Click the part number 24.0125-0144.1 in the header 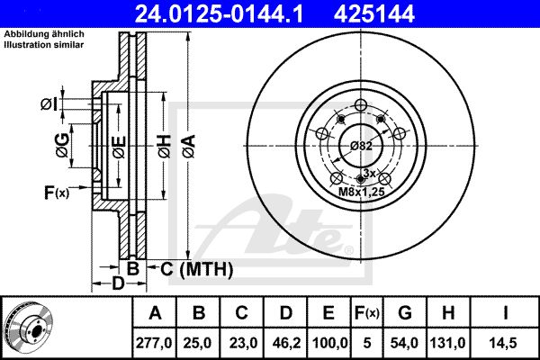click(219, 14)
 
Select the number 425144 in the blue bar click(374, 14)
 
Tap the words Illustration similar click(44, 44)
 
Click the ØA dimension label click(189, 147)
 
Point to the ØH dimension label click(165, 147)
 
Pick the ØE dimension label click(120, 147)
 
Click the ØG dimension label click(62, 146)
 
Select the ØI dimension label click(49, 104)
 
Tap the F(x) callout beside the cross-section click(57, 193)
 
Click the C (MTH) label click(196, 269)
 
